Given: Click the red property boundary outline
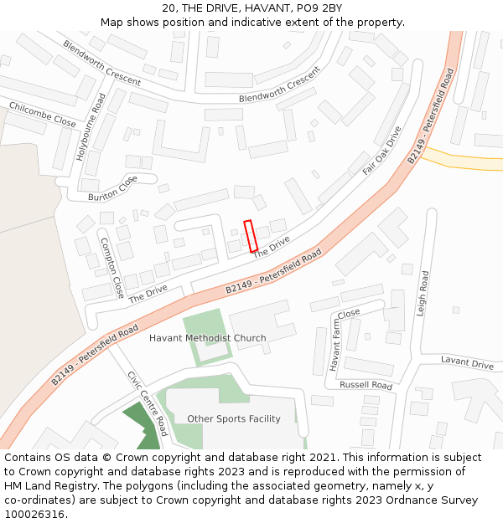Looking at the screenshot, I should tap(250, 235).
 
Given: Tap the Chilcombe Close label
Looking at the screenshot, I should tap(42, 114).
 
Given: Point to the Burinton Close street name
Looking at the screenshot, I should tap(112, 189).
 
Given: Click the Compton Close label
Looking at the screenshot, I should tap(111, 268).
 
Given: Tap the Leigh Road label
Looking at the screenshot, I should tap(424, 293).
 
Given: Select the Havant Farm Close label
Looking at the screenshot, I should tap(344, 340).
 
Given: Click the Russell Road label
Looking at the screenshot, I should tap(366, 386).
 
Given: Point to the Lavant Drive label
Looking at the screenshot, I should tap(467, 363).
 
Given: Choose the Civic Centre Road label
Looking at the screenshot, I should tap(148, 403).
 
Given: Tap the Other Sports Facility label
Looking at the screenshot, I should tap(234, 418).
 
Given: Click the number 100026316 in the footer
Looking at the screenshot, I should tap(34, 515).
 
